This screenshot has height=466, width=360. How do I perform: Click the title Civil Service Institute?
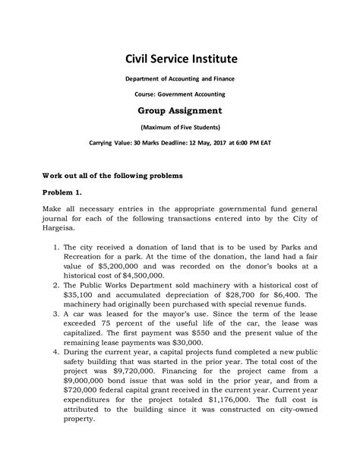pos(180,59)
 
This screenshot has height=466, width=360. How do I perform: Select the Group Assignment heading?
pos(180,109)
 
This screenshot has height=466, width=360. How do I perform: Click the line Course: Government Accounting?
pos(180,94)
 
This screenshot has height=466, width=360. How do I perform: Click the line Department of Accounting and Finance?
pos(180,79)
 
